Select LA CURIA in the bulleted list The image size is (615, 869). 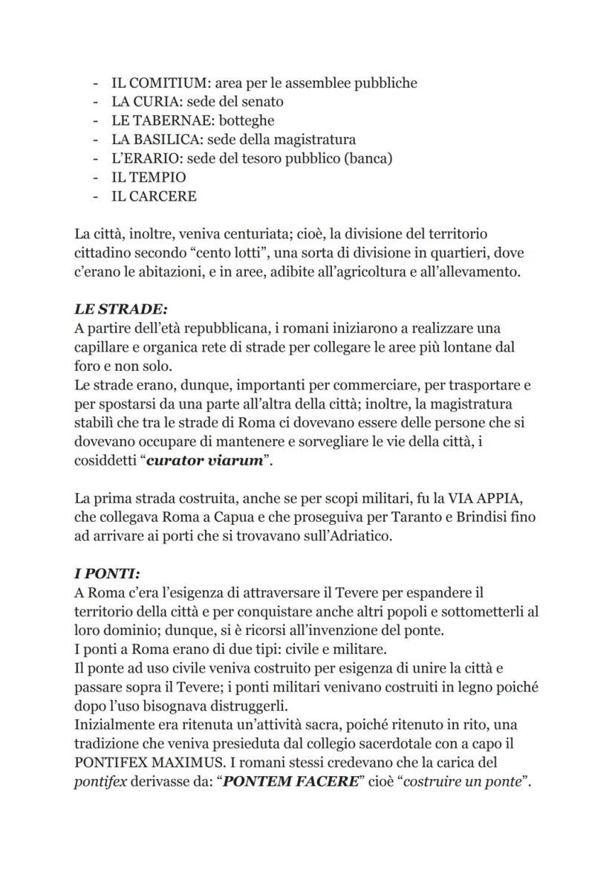[x=145, y=102]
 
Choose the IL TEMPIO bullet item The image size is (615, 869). [x=149, y=178]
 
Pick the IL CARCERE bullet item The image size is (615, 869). [x=154, y=196]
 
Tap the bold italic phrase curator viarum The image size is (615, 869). [x=205, y=460]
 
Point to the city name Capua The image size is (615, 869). [x=219, y=517]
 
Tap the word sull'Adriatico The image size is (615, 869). [x=345, y=536]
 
